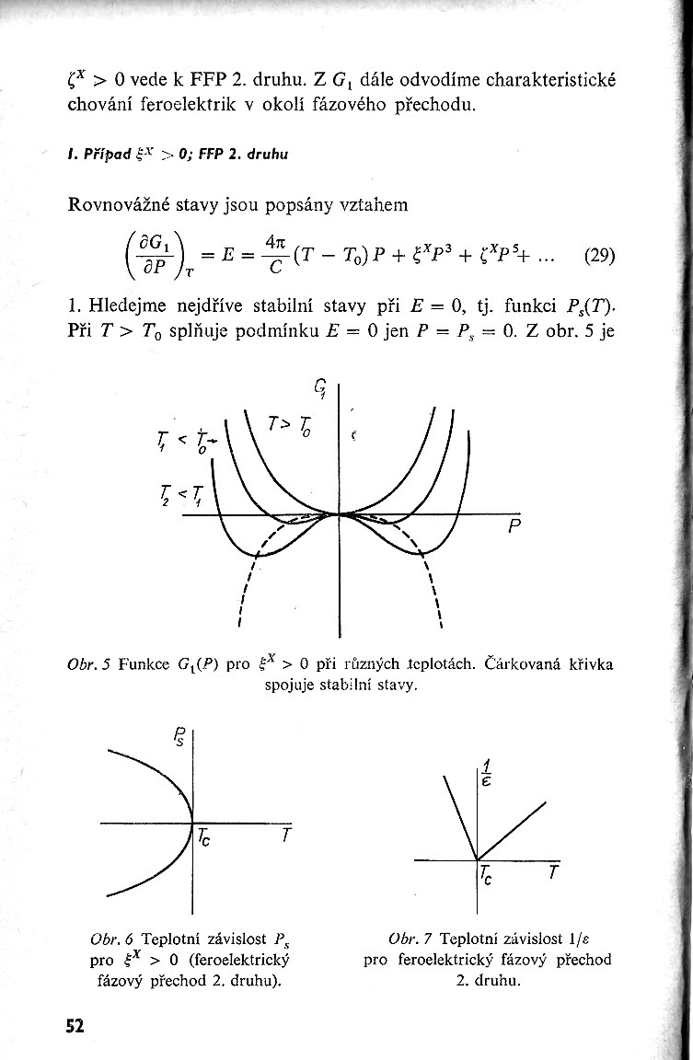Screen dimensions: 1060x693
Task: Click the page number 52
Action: click(x=75, y=1025)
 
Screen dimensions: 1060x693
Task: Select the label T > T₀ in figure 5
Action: click(x=293, y=425)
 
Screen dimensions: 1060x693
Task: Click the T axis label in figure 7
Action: click(x=552, y=871)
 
